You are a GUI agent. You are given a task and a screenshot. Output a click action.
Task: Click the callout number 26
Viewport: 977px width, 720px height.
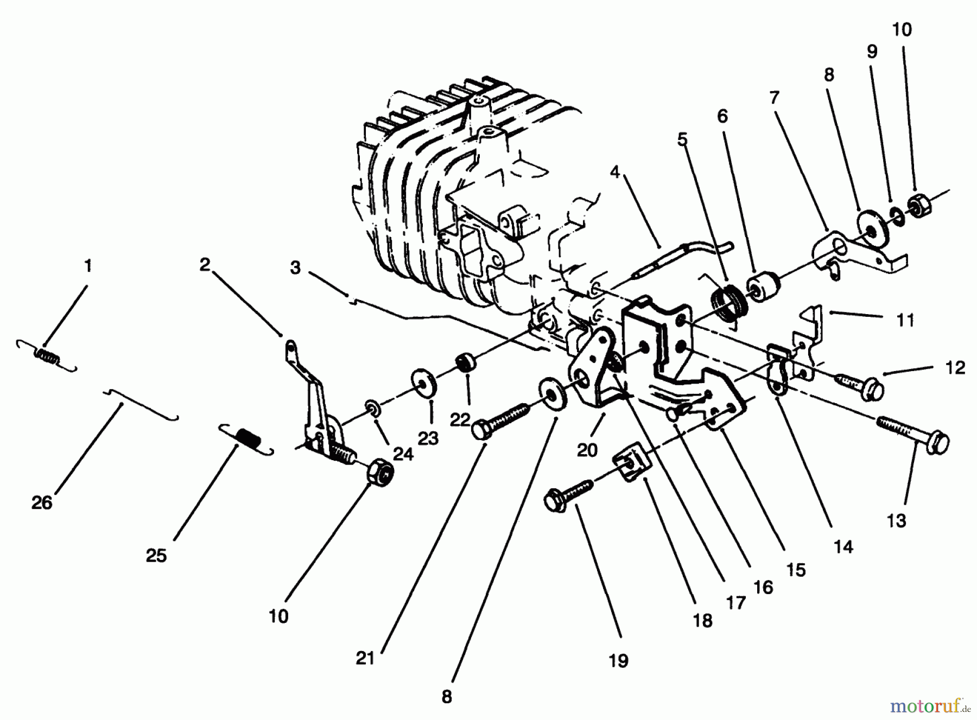(42, 503)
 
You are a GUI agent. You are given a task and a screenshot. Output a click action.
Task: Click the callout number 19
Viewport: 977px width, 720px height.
(618, 661)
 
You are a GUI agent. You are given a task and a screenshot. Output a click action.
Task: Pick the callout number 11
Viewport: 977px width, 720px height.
(905, 321)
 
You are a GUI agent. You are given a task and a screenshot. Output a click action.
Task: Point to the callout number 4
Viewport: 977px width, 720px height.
(614, 173)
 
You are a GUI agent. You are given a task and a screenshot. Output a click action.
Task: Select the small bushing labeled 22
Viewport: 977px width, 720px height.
(466, 361)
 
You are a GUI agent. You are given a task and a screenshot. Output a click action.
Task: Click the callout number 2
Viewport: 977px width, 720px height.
(205, 265)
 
